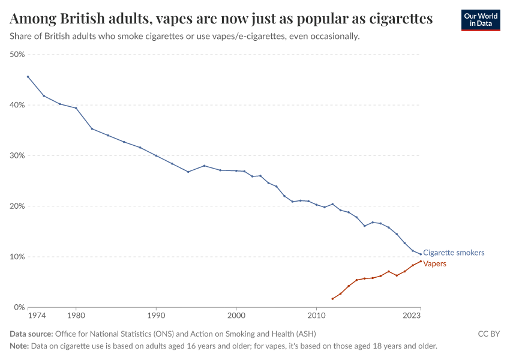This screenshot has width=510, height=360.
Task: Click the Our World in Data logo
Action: [x=480, y=20]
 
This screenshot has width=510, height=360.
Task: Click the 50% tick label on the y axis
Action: [x=16, y=55]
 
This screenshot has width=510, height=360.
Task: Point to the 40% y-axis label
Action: [x=16, y=105]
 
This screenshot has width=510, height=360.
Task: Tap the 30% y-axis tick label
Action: [x=16, y=155]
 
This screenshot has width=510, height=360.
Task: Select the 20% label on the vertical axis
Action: [x=16, y=206]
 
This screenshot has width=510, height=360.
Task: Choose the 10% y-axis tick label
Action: [x=16, y=257]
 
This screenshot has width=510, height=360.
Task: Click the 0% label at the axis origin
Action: [x=18, y=307]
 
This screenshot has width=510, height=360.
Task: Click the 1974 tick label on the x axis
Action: [x=36, y=315]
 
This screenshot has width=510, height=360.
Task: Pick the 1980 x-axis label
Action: [x=76, y=315]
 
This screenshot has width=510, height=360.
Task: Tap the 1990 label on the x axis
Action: [x=156, y=315]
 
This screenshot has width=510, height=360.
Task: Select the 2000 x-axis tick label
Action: [x=236, y=315]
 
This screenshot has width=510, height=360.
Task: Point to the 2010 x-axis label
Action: [x=316, y=315]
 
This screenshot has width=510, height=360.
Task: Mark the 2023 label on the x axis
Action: [x=412, y=315]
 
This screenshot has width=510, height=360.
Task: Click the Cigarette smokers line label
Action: [x=454, y=253]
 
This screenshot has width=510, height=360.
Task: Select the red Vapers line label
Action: [x=434, y=263]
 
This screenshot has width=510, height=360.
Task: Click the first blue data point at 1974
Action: [x=28, y=76]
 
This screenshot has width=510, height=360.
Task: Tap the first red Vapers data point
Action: [x=332, y=299]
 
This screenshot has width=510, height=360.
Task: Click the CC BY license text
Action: [x=488, y=334]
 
